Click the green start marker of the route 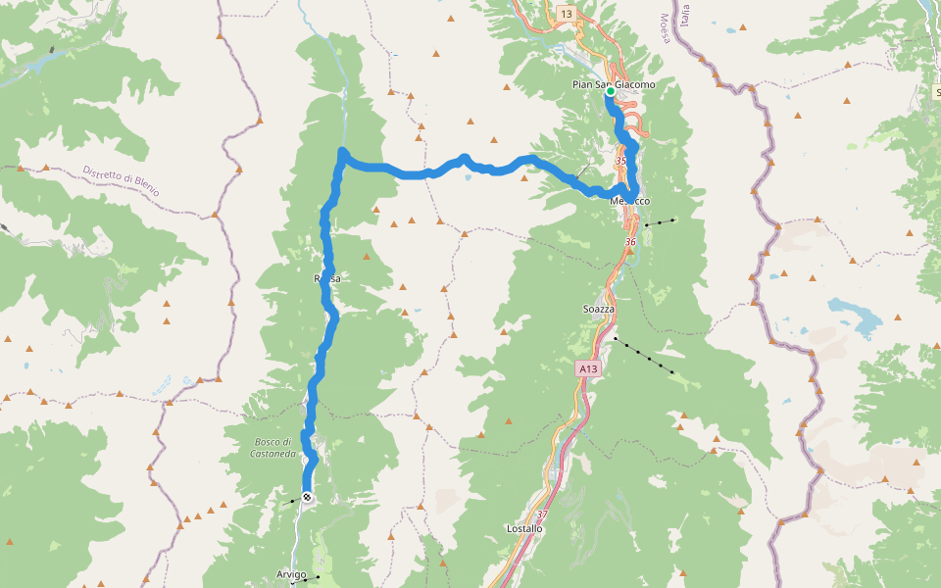click(610, 92)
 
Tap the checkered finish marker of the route click(307, 498)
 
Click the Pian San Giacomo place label click(614, 84)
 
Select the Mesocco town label click(630, 201)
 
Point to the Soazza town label click(598, 309)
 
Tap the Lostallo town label click(524, 529)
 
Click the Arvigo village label click(291, 574)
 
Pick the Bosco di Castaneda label click(266, 448)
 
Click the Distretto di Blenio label click(121, 180)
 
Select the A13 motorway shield click(586, 368)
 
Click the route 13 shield click(567, 13)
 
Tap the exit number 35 click(620, 160)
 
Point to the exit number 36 click(630, 241)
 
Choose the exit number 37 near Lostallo click(542, 514)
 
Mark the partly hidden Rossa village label click(326, 279)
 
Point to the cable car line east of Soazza click(643, 355)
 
